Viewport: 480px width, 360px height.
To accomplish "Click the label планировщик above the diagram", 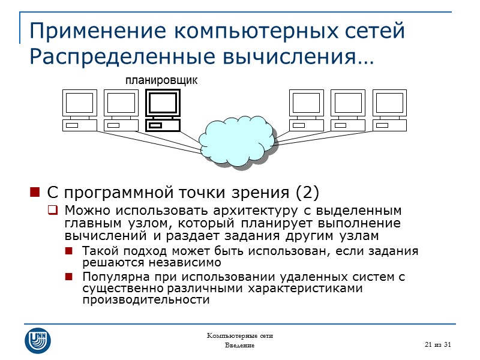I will click(x=161, y=80).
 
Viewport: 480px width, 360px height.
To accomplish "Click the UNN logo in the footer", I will click(x=38, y=340).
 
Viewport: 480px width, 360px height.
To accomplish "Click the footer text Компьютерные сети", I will click(x=239, y=335).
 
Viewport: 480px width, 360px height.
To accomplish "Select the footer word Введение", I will click(x=239, y=346).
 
